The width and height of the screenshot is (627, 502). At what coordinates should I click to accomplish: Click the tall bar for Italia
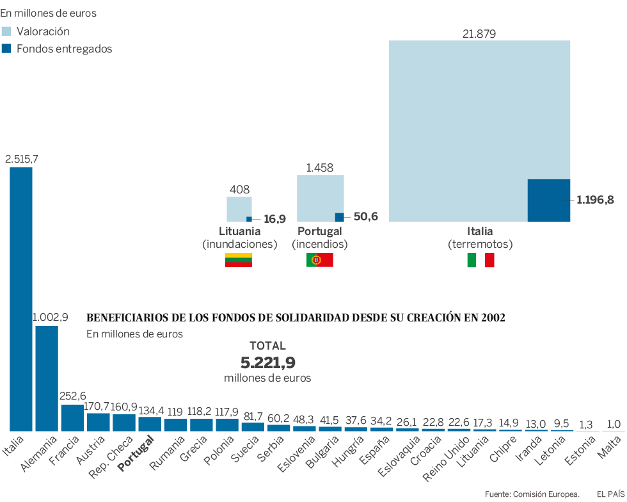[x=21, y=299]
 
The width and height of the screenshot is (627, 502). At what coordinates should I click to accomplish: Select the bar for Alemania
[x=47, y=378]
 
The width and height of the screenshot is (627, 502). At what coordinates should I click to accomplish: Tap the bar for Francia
[x=72, y=417]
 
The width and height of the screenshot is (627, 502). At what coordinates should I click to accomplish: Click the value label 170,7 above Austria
[x=98, y=407]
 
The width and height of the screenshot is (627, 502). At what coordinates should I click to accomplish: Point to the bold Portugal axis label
[x=136, y=453]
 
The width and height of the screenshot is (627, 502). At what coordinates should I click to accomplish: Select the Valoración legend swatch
[x=7, y=31]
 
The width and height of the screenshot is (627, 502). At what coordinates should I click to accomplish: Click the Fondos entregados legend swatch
[x=7, y=49]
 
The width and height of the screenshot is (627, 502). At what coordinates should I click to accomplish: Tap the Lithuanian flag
[x=238, y=260]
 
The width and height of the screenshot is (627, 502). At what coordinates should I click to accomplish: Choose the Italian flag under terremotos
[x=480, y=260]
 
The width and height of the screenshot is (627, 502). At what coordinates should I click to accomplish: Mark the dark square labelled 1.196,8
[x=548, y=200]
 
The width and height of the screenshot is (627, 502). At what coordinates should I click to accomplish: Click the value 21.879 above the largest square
[x=479, y=34]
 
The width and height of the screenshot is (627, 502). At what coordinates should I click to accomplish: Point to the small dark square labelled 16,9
[x=249, y=219]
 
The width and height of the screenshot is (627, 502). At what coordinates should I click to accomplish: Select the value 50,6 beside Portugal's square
[x=365, y=216]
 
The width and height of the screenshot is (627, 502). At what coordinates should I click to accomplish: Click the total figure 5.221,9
[x=267, y=362]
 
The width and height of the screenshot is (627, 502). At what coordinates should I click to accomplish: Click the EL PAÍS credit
[x=610, y=494]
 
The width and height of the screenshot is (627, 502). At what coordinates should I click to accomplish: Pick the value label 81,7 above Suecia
[x=253, y=416]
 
